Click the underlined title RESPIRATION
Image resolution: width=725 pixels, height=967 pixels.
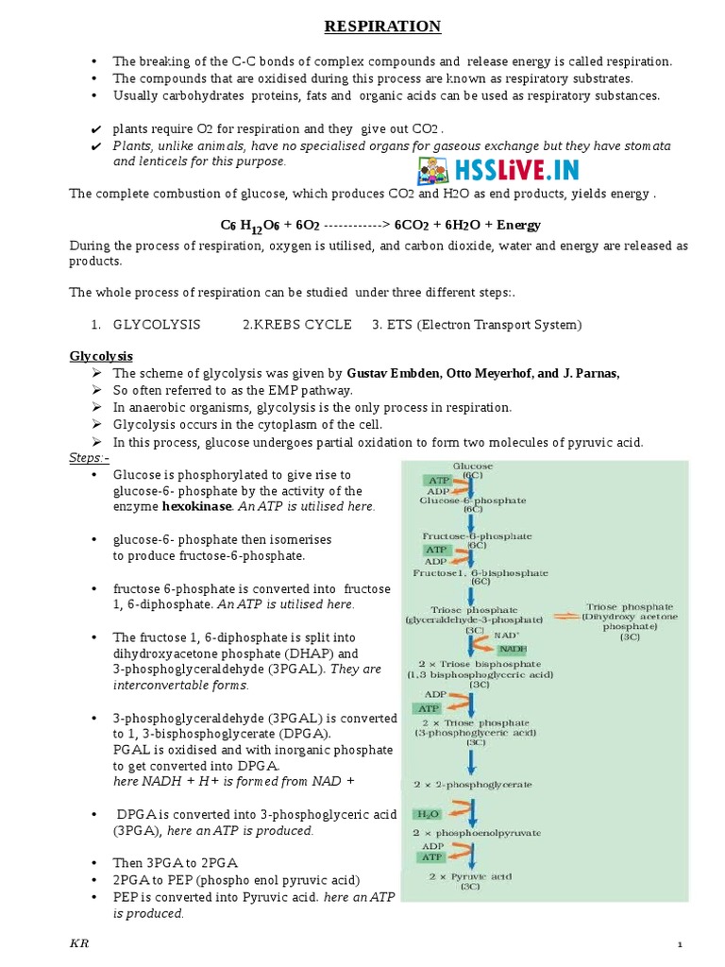(x=382, y=27)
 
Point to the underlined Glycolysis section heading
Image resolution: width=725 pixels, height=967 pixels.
(x=101, y=356)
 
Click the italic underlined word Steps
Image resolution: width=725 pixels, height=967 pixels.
(x=89, y=458)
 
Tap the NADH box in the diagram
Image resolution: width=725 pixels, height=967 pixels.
(x=513, y=649)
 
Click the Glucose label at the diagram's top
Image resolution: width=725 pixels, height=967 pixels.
(x=473, y=467)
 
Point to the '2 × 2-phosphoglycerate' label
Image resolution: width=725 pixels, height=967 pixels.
(x=473, y=784)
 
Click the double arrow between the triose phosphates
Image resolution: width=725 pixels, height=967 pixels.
(x=564, y=616)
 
